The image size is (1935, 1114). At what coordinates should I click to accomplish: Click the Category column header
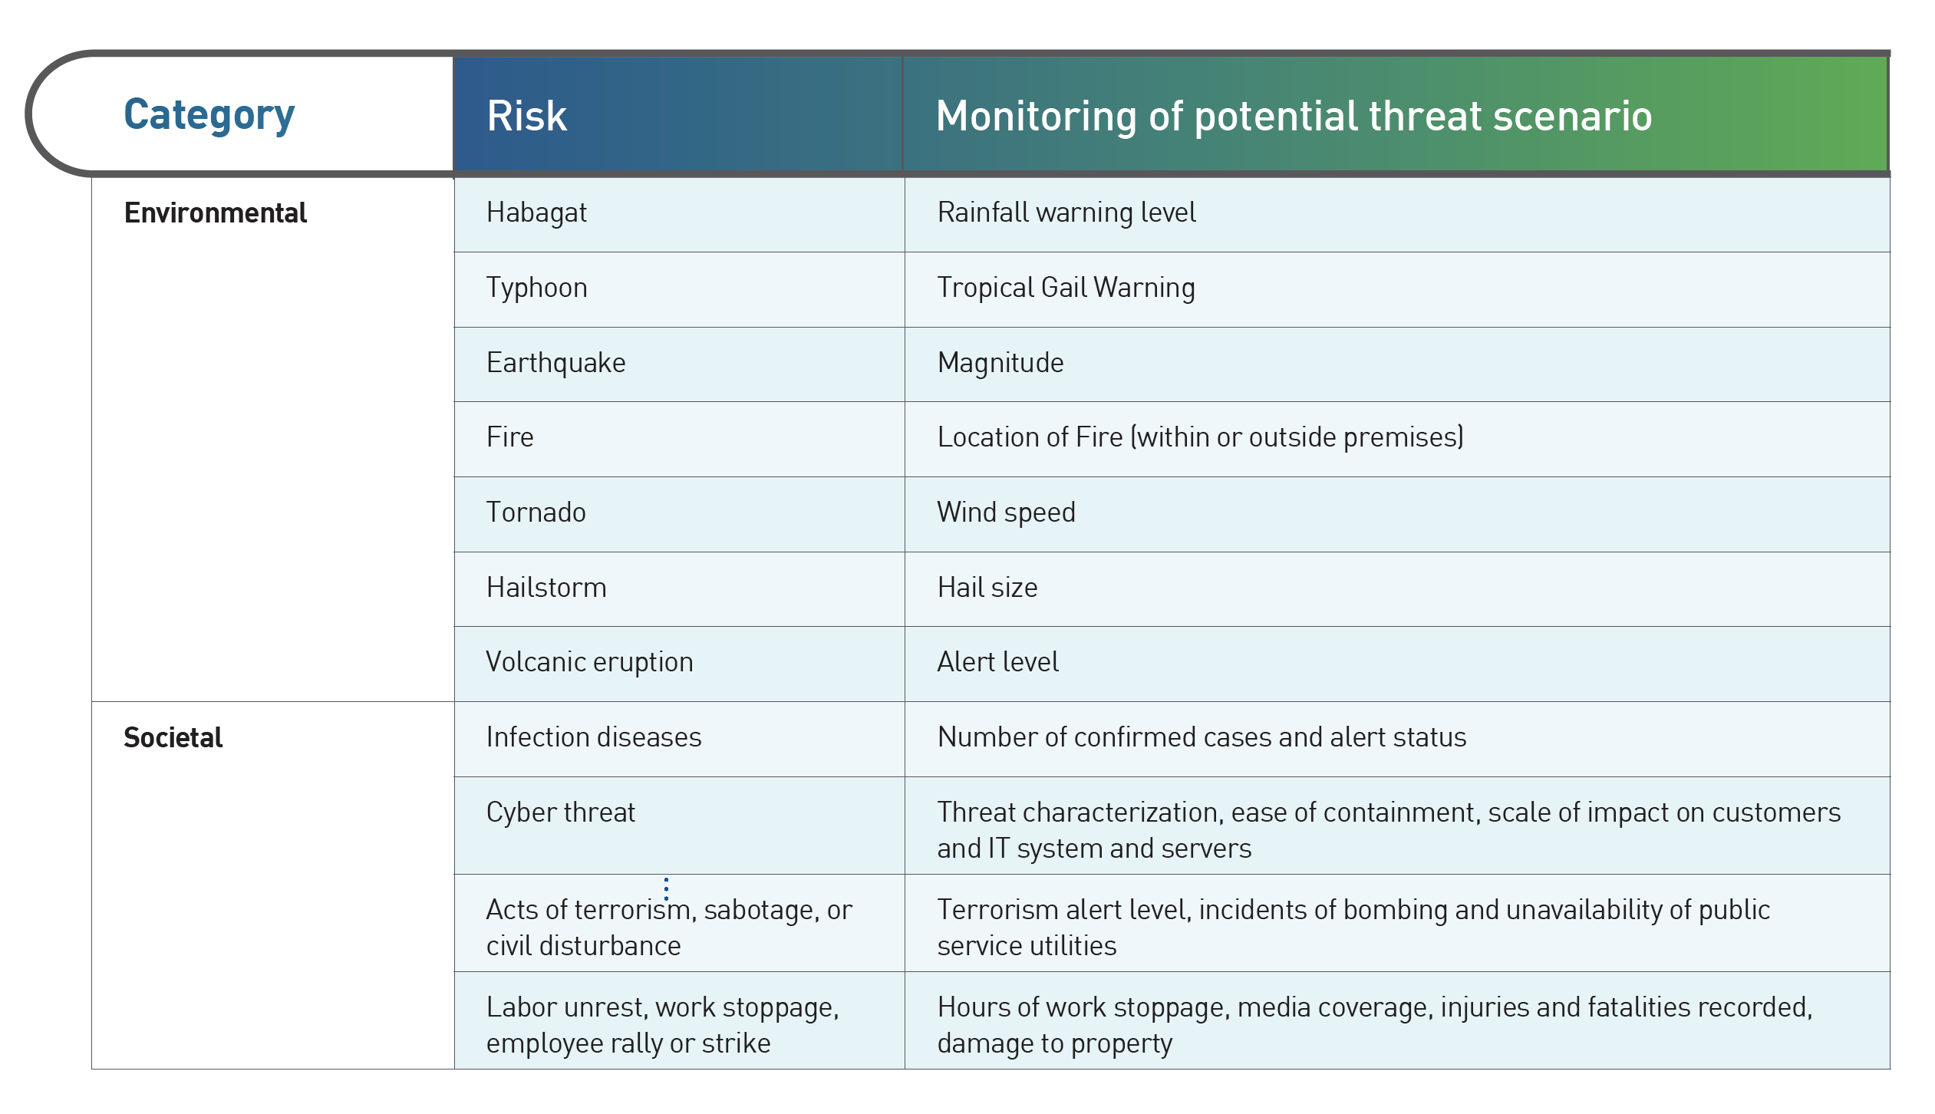(209, 116)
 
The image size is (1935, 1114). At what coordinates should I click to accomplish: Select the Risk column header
(527, 117)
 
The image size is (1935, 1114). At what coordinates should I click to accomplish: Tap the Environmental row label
(216, 213)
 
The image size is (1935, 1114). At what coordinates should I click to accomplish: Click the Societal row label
(173, 737)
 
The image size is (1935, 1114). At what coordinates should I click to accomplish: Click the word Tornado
(536, 512)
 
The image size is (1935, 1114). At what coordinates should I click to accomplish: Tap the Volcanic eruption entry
(590, 662)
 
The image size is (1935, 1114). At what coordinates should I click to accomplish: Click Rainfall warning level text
(1066, 213)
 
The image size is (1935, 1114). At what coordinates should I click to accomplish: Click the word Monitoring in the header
(1036, 117)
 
